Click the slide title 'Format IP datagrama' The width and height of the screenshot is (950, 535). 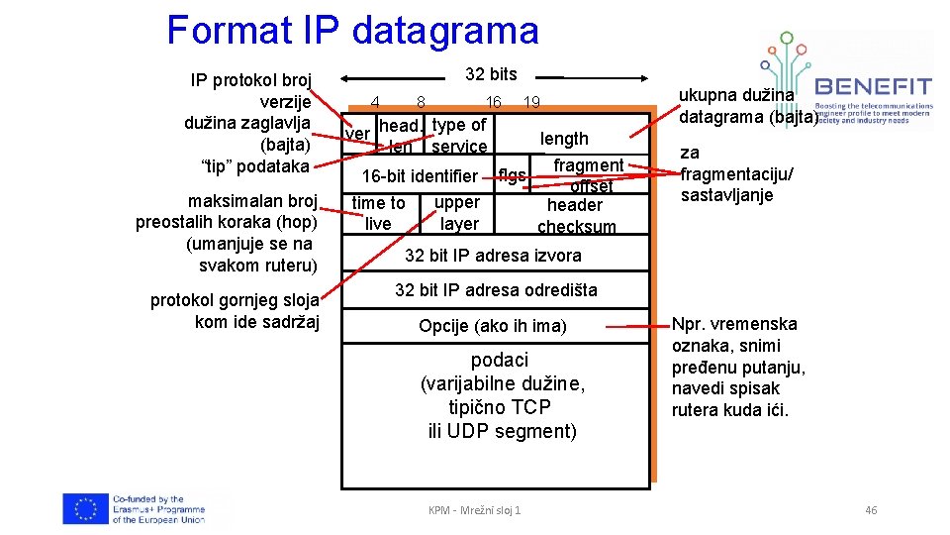pyautogui.click(x=352, y=30)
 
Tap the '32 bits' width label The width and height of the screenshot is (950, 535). pyautogui.click(x=491, y=74)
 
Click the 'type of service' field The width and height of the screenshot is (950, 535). pyautogui.click(x=459, y=136)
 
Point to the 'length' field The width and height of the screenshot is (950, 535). pyautogui.click(x=564, y=139)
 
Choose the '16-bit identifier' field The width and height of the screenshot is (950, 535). pyautogui.click(x=420, y=176)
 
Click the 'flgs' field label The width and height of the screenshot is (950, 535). pyautogui.click(x=512, y=176)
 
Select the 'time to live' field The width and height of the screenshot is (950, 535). pyautogui.click(x=378, y=213)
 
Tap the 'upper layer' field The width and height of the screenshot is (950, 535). pyautogui.click(x=458, y=213)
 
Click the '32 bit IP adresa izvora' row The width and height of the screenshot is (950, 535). pyautogui.click(x=493, y=256)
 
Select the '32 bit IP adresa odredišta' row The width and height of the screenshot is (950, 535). pyautogui.click(x=496, y=290)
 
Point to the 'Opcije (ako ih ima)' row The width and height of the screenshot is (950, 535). pyautogui.click(x=493, y=326)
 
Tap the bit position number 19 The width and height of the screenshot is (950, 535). pyautogui.click(x=531, y=102)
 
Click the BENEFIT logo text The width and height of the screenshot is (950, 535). pyautogui.click(x=874, y=85)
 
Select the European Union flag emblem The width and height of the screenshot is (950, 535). pyautogui.click(x=85, y=508)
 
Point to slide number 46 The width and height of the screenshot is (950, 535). pyautogui.click(x=871, y=510)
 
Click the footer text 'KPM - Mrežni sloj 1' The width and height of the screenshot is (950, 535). pyautogui.click(x=474, y=510)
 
